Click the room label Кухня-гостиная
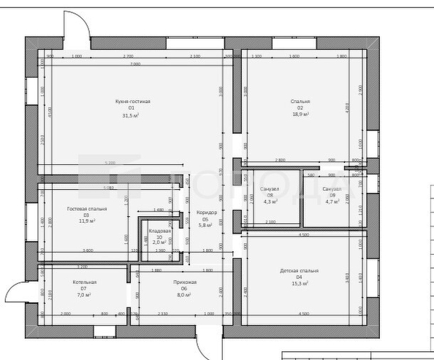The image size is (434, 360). point(132,102)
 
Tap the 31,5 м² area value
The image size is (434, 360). point(132,115)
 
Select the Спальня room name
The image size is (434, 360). point(300,102)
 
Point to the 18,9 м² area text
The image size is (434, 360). point(300,115)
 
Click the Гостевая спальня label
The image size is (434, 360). point(87,209)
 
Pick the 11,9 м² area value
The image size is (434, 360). point(87,221)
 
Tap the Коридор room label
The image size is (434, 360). point(208,212)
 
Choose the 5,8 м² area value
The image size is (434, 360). point(207,226)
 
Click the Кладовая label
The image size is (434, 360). point(159,231)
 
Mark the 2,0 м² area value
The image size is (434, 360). point(159,242)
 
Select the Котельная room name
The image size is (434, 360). point(85,282)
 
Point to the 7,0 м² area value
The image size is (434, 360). point(84,295)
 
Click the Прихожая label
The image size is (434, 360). point(185,282)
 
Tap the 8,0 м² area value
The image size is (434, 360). point(184,295)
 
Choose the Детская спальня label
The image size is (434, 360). point(299,271)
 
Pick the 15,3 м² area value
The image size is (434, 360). point(299,283)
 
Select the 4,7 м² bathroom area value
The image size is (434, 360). point(332,201)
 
